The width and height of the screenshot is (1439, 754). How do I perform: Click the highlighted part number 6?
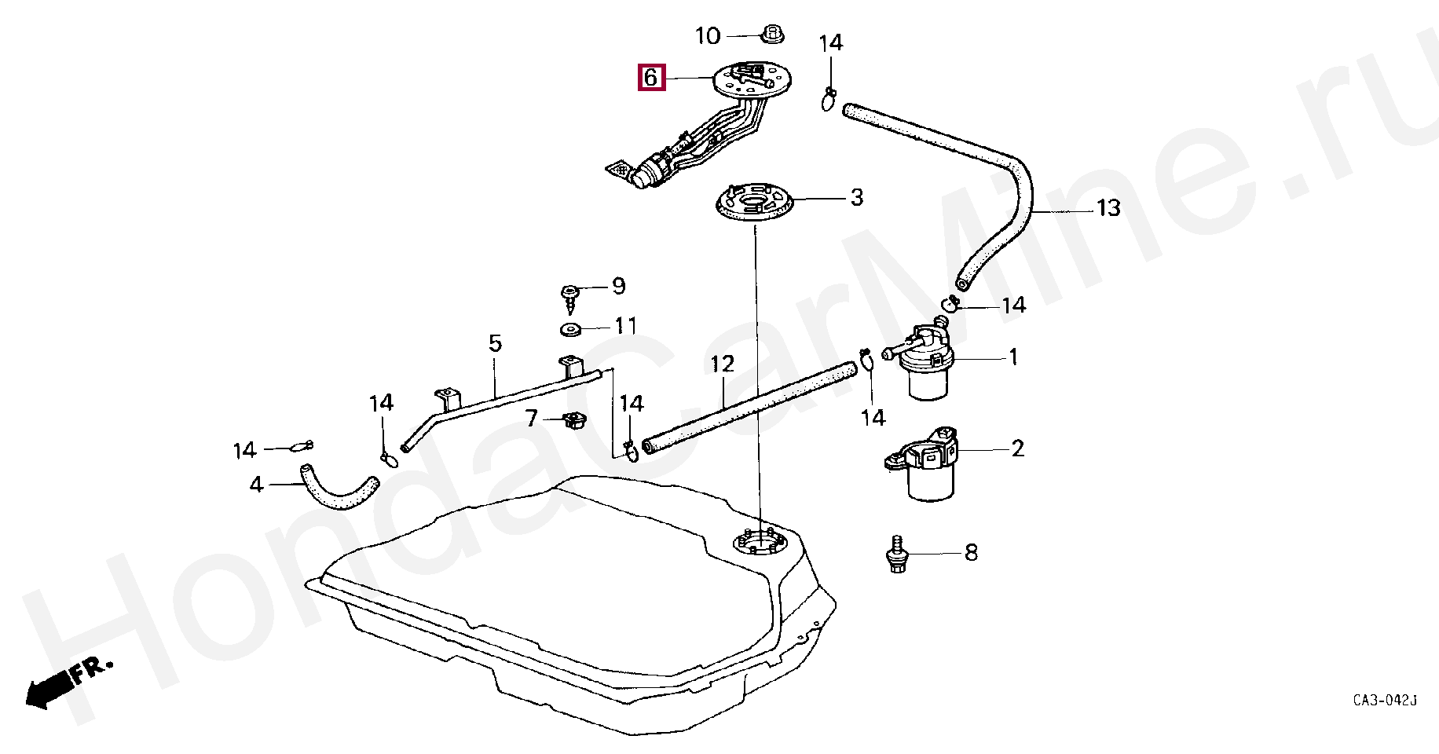[651, 78]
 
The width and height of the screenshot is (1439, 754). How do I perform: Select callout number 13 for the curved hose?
[1108, 208]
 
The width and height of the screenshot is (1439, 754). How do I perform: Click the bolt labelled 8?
[895, 555]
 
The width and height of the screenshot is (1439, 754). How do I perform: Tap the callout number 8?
[971, 553]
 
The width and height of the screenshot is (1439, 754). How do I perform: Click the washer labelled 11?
[569, 328]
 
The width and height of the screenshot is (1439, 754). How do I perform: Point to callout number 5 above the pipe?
[495, 343]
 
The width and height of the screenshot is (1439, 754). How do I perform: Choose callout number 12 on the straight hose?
[722, 364]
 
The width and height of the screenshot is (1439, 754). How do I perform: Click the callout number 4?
[256, 485]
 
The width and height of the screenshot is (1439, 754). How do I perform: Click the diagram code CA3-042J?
[1384, 700]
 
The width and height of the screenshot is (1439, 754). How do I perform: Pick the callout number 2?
[1017, 448]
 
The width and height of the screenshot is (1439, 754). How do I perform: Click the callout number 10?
[707, 35]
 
